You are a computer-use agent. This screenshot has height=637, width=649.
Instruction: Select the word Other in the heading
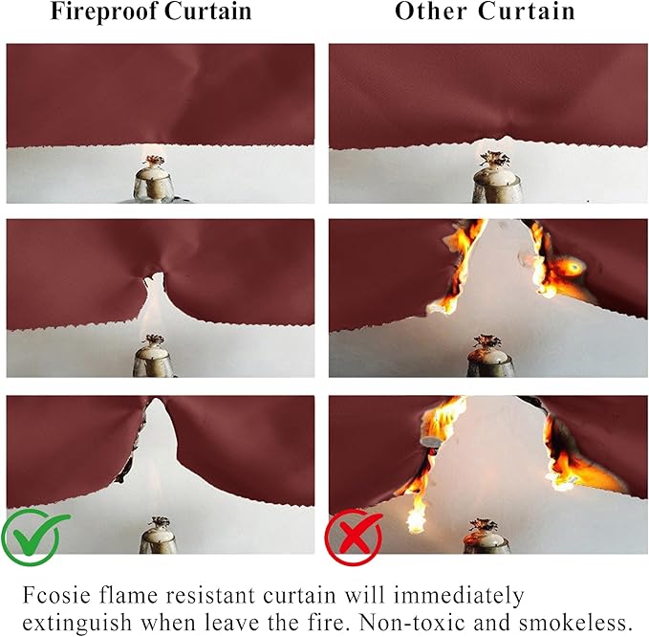(x=429, y=12)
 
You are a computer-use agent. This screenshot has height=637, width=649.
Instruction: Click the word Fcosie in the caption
(x=56, y=594)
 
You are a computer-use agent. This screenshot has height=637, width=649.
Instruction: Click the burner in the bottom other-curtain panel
(x=488, y=538)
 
